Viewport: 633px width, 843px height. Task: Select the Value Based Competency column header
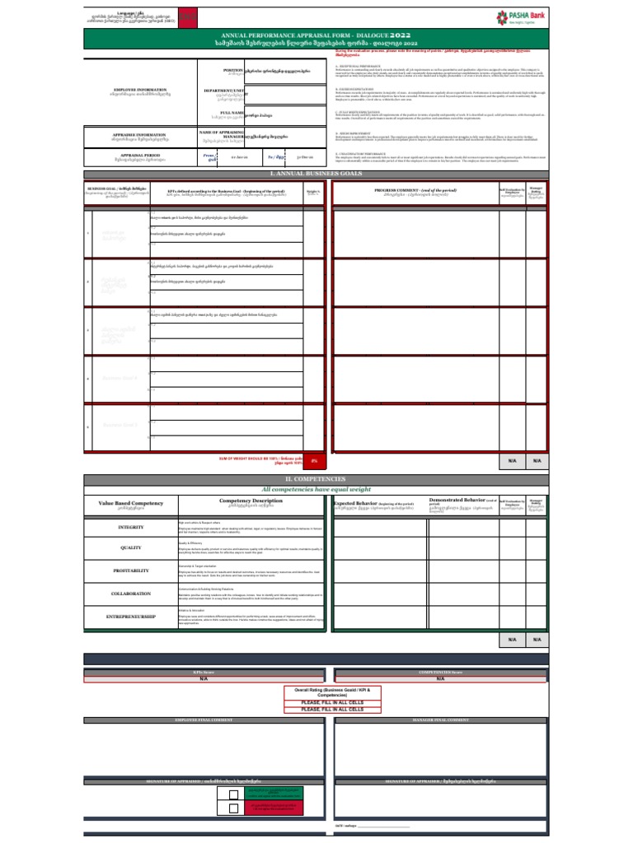pyautogui.click(x=131, y=503)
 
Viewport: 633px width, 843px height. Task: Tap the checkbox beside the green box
pyautogui.click(x=234, y=794)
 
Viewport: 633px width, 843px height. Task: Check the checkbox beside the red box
pyautogui.click(x=234, y=808)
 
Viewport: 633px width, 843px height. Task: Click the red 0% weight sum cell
pyautogui.click(x=314, y=462)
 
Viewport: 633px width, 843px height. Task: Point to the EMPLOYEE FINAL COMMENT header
pyautogui.click(x=204, y=720)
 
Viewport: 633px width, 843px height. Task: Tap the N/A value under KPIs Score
pyautogui.click(x=204, y=679)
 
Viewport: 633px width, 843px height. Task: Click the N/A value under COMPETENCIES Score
pyautogui.click(x=440, y=679)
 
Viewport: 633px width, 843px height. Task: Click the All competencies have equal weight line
pyautogui.click(x=316, y=489)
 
